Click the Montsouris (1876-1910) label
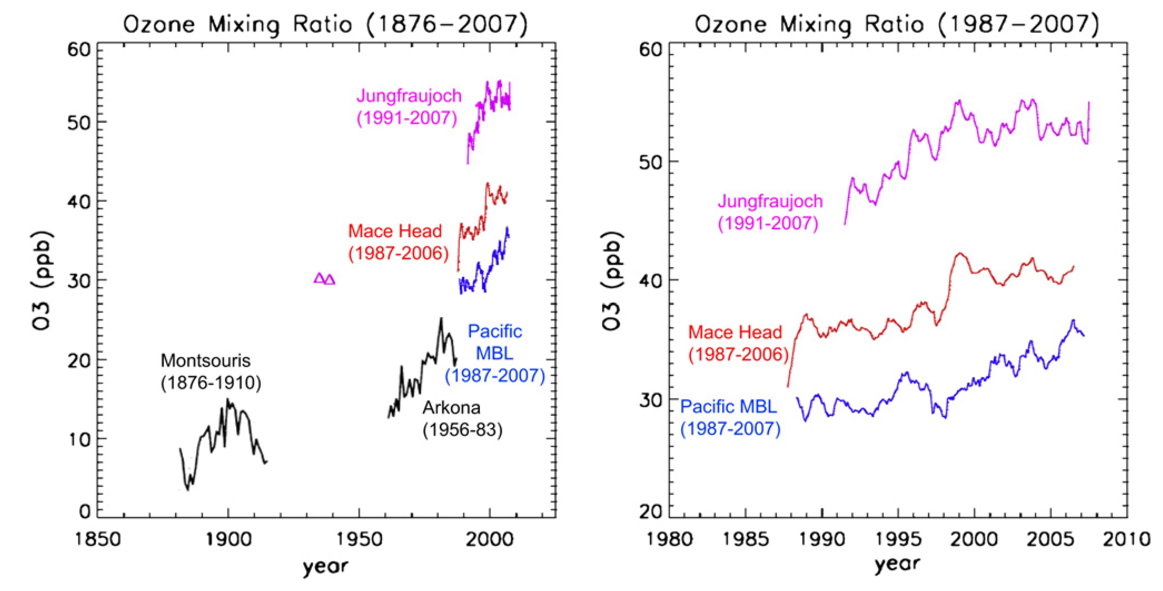pyautogui.click(x=210, y=371)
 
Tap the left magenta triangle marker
pyautogui.click(x=319, y=278)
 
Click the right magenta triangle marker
pyautogui.click(x=330, y=279)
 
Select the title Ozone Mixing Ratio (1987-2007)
pyautogui.click(x=896, y=24)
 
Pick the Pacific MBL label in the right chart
pyautogui.click(x=730, y=418)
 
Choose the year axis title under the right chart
pyautogui.click(x=896, y=564)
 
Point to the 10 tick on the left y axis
pyautogui.click(x=79, y=438)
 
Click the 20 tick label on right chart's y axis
pyautogui.click(x=651, y=512)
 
